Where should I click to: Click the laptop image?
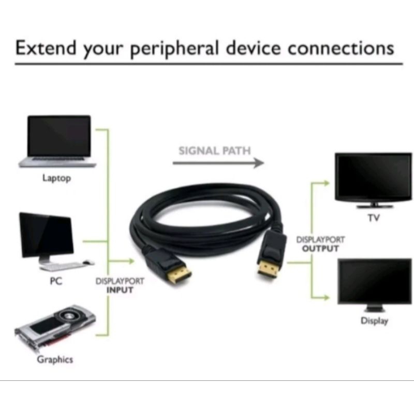pyautogui.click(x=58, y=141)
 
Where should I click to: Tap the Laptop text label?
pyautogui.click(x=56, y=179)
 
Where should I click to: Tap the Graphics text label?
pyautogui.click(x=55, y=359)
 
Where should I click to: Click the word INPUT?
pyautogui.click(x=120, y=290)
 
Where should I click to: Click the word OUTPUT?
pyautogui.click(x=320, y=248)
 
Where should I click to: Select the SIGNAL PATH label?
pyautogui.click(x=214, y=151)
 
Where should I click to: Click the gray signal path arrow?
pyautogui.click(x=217, y=163)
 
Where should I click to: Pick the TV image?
pyautogui.click(x=373, y=179)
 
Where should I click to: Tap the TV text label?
pyautogui.click(x=373, y=218)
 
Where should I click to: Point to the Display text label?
pyautogui.click(x=374, y=321)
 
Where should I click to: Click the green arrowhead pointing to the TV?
pyautogui.click(x=327, y=182)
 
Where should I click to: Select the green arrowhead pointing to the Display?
pyautogui.click(x=327, y=298)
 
